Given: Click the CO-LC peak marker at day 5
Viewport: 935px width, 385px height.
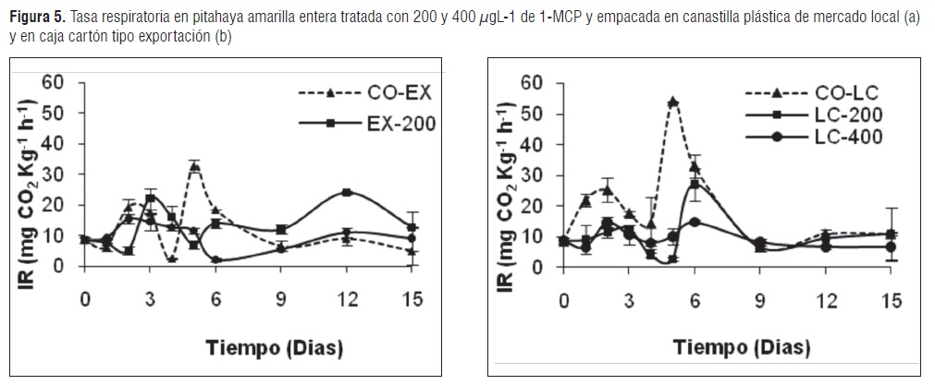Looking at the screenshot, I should (x=673, y=102).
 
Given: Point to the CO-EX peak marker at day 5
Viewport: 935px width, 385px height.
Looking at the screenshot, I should (x=194, y=167).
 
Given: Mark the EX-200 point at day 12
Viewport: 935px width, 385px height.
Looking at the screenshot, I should (x=346, y=192).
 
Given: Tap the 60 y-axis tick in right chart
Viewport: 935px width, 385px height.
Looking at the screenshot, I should (x=531, y=82).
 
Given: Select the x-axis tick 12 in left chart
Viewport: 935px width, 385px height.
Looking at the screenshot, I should (x=346, y=300).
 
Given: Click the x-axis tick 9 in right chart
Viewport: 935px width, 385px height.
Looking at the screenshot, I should (x=760, y=300).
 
